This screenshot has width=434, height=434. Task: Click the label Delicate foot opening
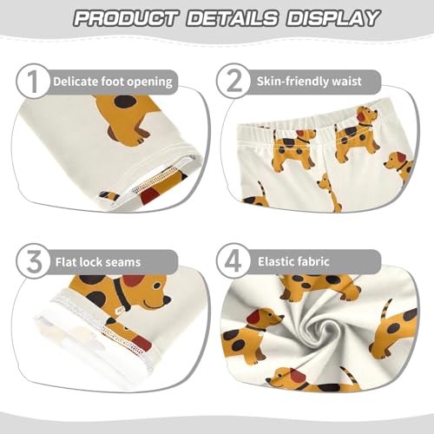pyautogui.click(x=113, y=82)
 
